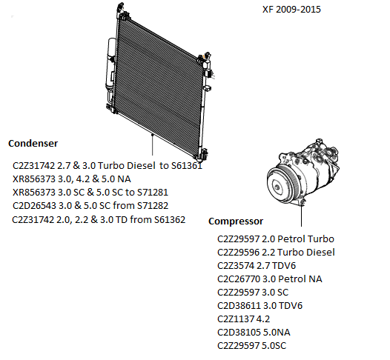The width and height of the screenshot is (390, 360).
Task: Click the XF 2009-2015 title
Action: [291, 10]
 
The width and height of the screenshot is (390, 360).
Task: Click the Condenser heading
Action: [33, 144]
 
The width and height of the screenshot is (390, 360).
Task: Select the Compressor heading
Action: [236, 221]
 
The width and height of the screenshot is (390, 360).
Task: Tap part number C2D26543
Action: [34, 205]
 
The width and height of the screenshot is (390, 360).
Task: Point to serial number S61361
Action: [187, 165]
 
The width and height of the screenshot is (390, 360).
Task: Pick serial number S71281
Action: [153, 193]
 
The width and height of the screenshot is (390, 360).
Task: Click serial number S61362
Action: [170, 219]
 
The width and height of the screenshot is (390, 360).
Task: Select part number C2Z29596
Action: [238, 252]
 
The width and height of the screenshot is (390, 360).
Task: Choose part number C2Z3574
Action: [236, 266]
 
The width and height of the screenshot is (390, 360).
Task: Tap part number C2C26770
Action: [239, 279]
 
